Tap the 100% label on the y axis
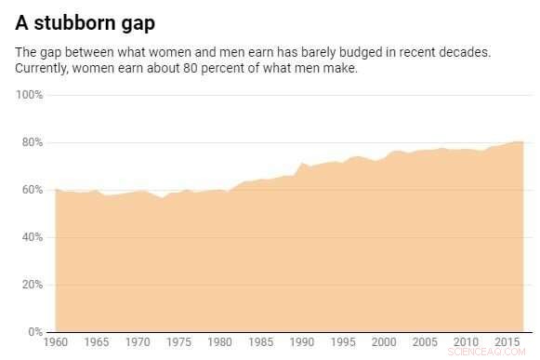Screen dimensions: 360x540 pos(30,95)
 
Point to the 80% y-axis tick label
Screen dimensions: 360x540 pos(33,142)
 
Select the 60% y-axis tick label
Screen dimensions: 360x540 pos(33,190)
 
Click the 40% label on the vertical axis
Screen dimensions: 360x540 pos(33,237)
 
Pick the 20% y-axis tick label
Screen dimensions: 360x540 pos(33,285)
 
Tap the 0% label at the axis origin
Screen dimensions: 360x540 pos(35,332)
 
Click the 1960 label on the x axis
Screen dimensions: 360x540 pos(56,343)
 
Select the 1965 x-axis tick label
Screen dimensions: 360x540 pos(98,343)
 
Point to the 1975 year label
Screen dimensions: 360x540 pos(180,343)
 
